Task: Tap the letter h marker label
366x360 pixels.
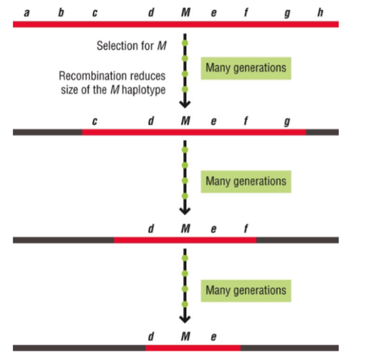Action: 320,12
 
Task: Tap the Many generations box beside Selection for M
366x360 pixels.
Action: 245,68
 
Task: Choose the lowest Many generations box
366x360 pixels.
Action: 245,290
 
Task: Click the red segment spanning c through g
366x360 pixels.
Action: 194,132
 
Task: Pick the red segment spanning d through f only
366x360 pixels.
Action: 185,240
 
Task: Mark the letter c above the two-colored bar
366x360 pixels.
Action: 94,121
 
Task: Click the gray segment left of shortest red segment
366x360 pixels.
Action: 79,348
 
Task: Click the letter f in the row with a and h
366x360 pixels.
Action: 245,12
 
